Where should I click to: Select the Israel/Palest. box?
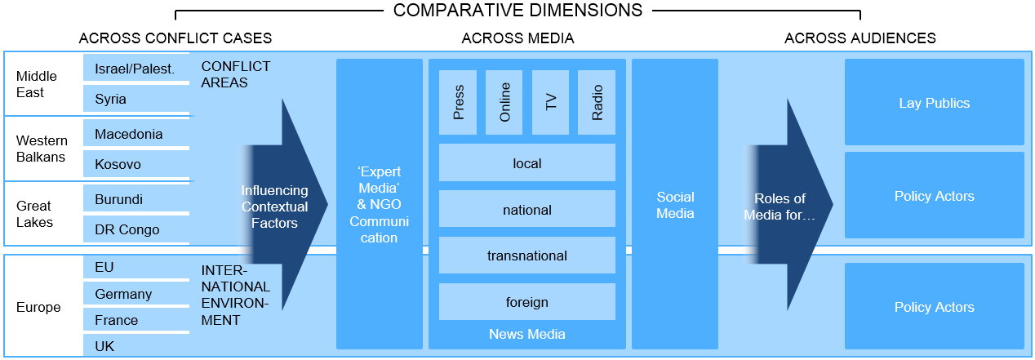[x=135, y=69]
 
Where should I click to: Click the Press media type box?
[x=458, y=103]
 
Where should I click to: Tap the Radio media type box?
[x=597, y=103]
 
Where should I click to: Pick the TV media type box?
[x=551, y=103]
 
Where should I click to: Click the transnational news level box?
[x=526, y=256]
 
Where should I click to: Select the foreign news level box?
[x=526, y=302]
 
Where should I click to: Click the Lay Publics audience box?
[x=934, y=103]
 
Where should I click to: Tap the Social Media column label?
[x=675, y=205]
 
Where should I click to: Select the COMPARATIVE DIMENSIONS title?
[x=517, y=11]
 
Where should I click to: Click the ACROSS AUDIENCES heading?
[x=860, y=38]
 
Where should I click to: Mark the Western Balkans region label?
[x=41, y=149]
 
